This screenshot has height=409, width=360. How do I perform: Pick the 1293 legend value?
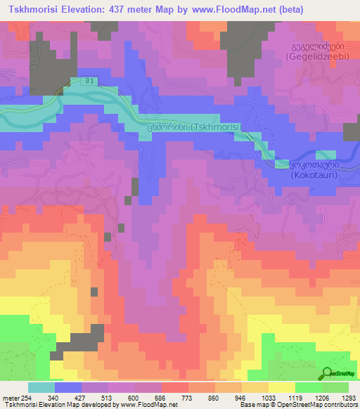tap(347, 398)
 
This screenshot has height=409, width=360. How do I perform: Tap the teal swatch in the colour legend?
tap(41, 387)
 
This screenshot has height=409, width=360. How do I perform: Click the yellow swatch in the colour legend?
tap(281, 387)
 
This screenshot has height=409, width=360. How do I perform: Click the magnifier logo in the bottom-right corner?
tap(327, 372)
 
